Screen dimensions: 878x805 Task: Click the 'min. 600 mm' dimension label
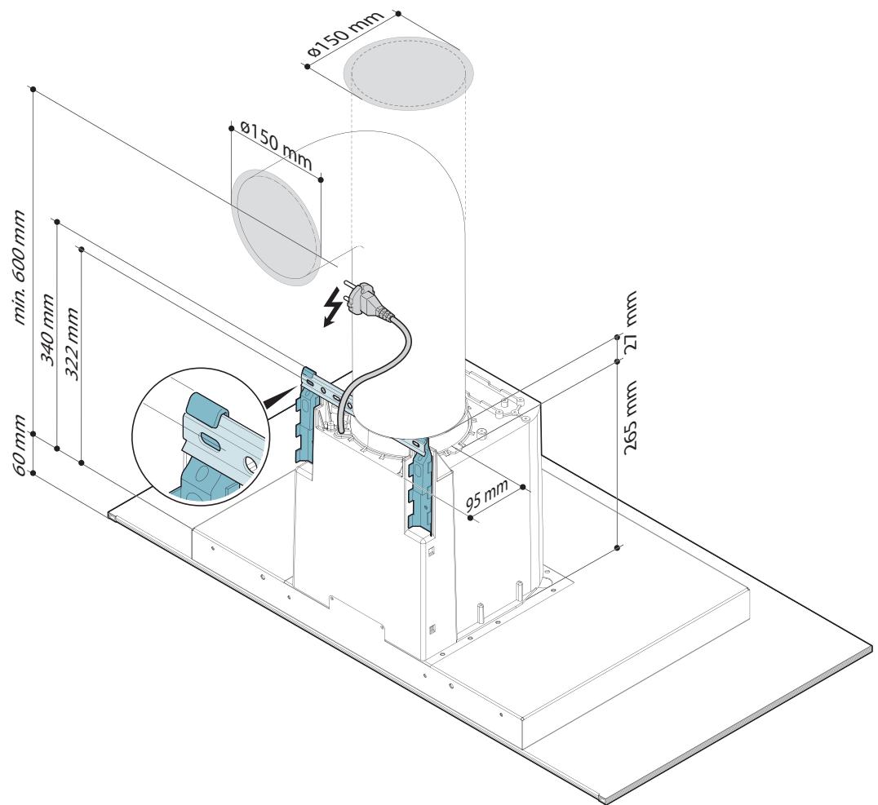coord(20,268)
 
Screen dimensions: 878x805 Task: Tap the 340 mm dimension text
coord(49,330)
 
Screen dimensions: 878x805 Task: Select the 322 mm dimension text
coord(73,343)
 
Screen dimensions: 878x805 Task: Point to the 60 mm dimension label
coord(20,445)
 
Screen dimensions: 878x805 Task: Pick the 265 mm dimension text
coord(630,417)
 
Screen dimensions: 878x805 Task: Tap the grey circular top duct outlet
coord(408,73)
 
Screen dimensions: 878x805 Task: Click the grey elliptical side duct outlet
coord(277,227)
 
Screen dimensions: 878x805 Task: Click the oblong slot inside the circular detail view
coord(211,441)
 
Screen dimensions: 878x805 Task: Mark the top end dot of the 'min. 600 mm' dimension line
coord(33,89)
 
